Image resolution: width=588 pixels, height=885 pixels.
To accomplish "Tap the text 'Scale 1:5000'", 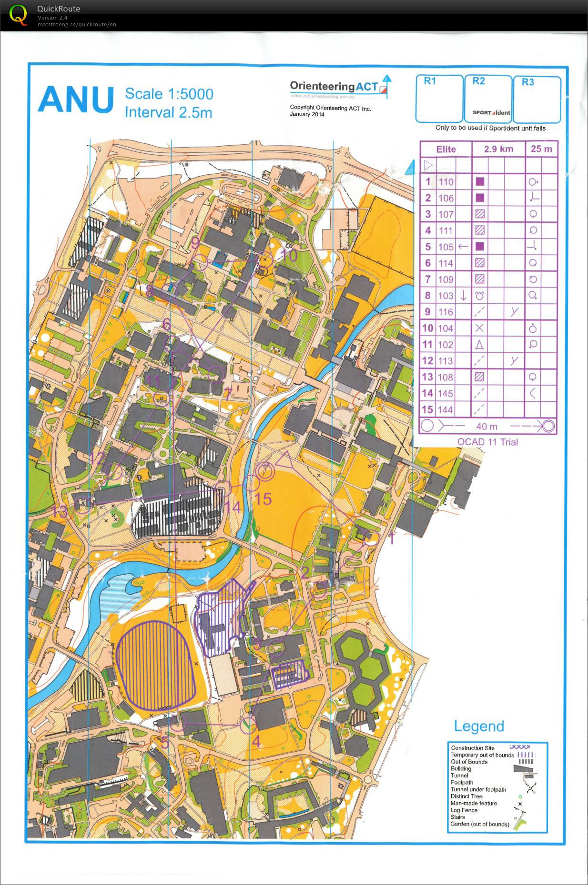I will point(169,94).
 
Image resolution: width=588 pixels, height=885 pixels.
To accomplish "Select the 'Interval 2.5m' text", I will point(168,112).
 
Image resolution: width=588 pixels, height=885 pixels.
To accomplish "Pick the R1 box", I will point(439,99).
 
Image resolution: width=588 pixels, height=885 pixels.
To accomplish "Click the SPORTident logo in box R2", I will point(491,113).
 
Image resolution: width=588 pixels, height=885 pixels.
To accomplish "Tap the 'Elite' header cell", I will point(446,149).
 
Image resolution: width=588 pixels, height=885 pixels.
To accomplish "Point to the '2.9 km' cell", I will point(498,149).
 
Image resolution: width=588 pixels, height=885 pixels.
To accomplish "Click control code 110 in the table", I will point(446,181).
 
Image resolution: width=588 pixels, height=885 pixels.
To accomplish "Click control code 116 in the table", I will point(446,312).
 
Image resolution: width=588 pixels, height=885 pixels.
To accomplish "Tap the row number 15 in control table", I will point(427,409).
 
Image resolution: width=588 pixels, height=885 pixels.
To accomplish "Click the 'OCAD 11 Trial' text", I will point(487,442).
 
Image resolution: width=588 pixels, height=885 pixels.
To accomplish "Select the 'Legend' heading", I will point(479,726).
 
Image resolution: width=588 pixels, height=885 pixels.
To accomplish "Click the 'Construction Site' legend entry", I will point(473,748).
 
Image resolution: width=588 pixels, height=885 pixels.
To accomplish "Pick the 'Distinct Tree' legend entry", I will point(466,796).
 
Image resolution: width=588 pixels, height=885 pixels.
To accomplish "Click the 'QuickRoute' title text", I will point(59,9).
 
